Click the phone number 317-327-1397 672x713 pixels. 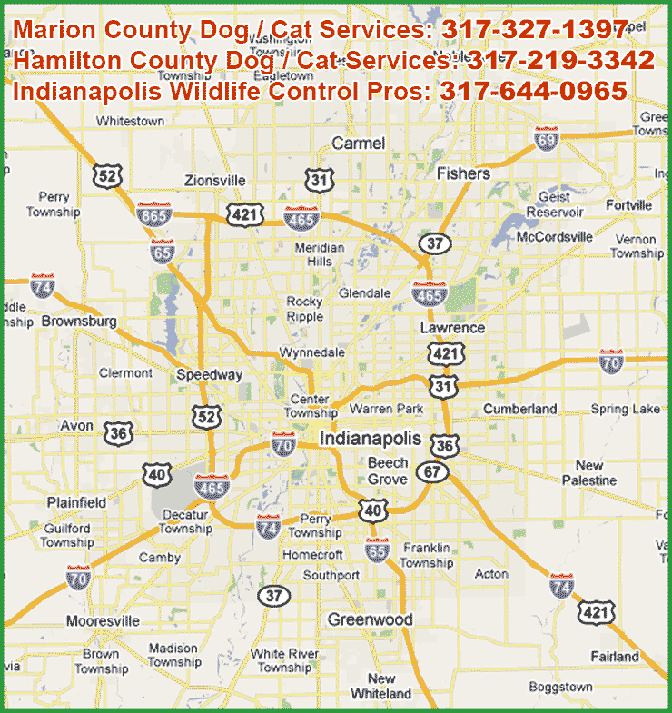(x=535, y=31)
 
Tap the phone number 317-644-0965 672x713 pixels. (x=533, y=91)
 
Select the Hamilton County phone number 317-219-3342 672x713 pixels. (x=560, y=61)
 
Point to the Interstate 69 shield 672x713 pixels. (x=547, y=138)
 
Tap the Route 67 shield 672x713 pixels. (x=433, y=472)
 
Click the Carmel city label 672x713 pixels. (x=358, y=144)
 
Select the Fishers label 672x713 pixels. (x=463, y=173)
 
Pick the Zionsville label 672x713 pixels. (x=214, y=180)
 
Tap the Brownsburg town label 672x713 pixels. (x=79, y=322)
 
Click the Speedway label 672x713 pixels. (x=209, y=375)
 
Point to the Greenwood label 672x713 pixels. (x=370, y=619)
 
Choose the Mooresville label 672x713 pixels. (x=103, y=621)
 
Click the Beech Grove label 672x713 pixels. (x=387, y=471)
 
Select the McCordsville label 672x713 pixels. (x=554, y=237)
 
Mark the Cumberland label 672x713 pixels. (x=519, y=409)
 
